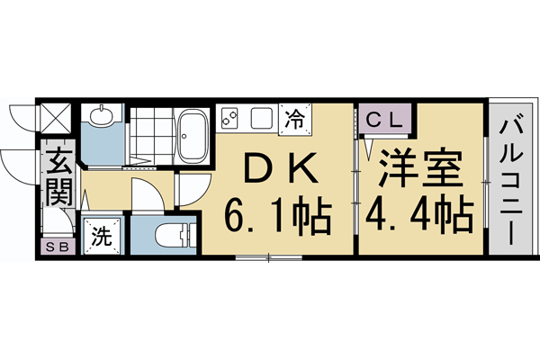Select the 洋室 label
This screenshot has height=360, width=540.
[x=420, y=167]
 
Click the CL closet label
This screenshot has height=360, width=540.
[x=385, y=117]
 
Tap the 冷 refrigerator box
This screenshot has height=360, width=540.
[x=294, y=117]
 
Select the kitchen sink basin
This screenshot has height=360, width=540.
[x=262, y=117]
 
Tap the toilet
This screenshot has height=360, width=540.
[x=171, y=234]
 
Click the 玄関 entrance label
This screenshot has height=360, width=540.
[x=57, y=177]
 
